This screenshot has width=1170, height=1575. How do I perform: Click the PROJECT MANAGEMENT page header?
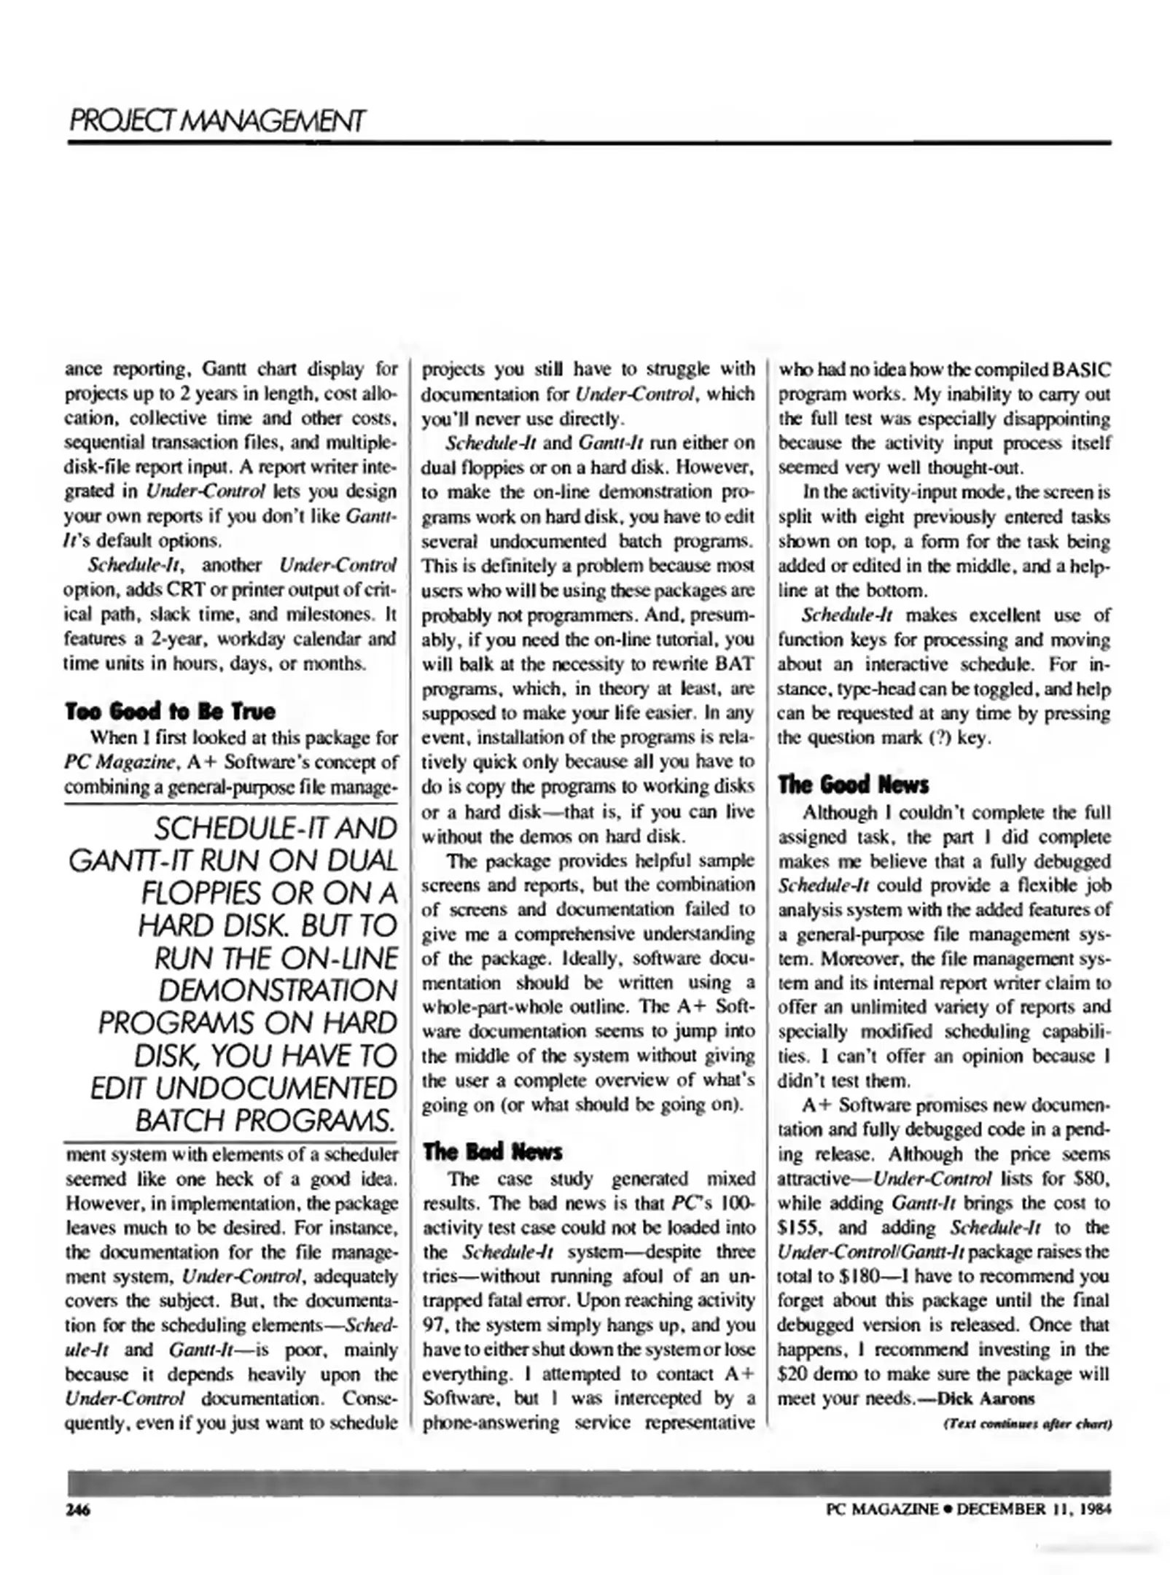click(217, 121)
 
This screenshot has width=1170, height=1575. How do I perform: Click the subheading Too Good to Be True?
click(171, 711)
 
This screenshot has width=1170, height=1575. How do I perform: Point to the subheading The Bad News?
click(493, 1152)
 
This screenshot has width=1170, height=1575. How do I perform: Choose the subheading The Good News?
click(854, 785)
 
